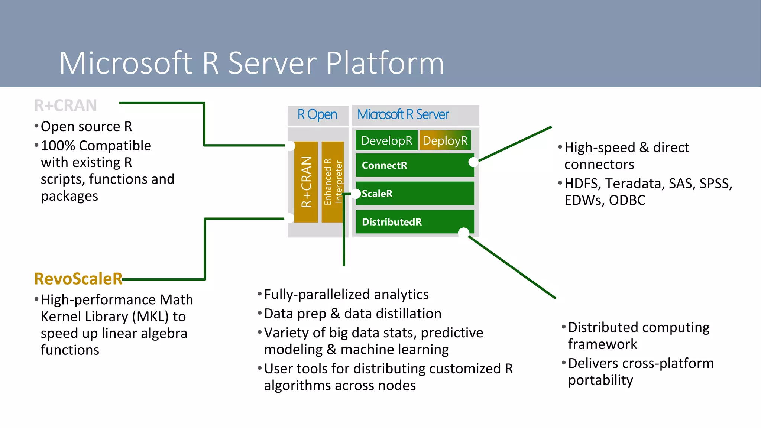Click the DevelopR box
[x=386, y=140]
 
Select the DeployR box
[x=445, y=140]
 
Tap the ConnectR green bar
[x=414, y=165]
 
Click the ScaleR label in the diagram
[x=377, y=194]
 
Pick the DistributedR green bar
[x=414, y=222]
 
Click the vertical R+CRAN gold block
[x=306, y=182]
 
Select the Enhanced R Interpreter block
[x=333, y=182]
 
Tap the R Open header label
[x=317, y=114]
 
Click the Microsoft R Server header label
[x=403, y=114]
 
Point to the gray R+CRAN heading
[x=65, y=106]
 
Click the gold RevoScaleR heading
[x=78, y=279]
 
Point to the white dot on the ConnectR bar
[x=473, y=162]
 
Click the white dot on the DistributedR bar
[x=463, y=233]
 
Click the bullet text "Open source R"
[x=86, y=127]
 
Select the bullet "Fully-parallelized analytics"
[x=346, y=294]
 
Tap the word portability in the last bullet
[x=600, y=380]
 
